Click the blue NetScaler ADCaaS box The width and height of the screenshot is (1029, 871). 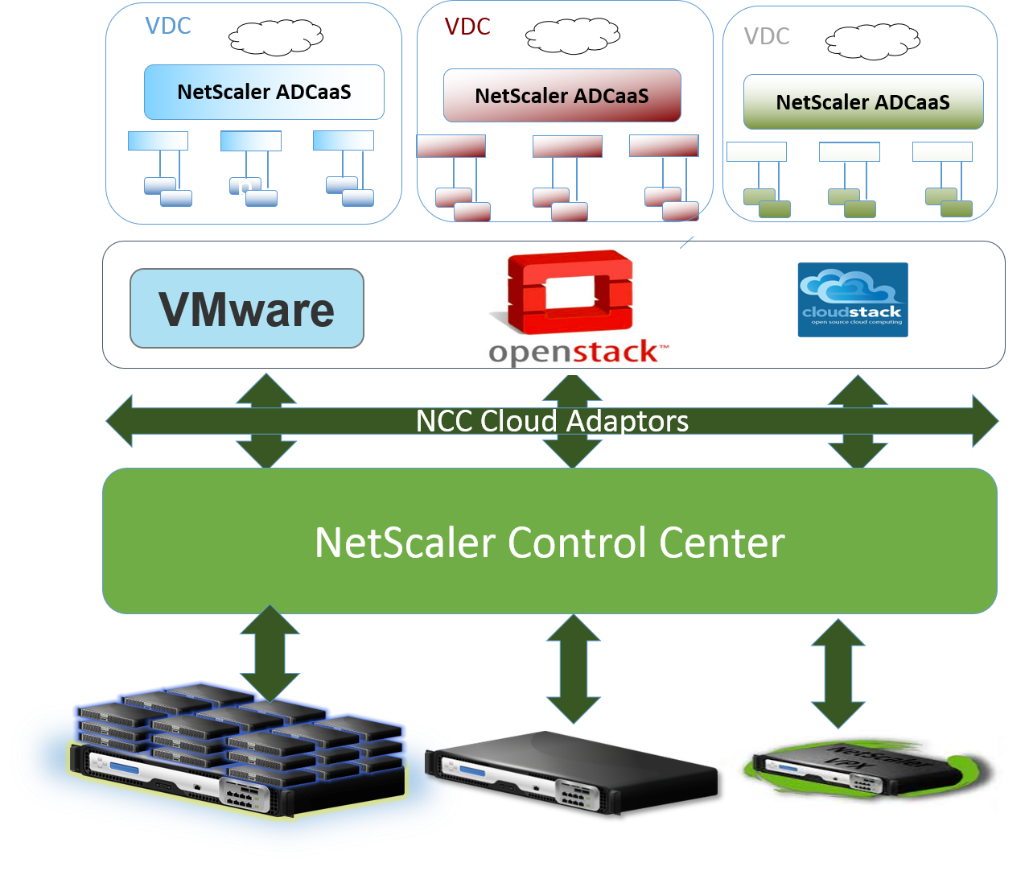tap(264, 92)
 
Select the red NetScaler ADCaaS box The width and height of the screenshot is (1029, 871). tap(562, 96)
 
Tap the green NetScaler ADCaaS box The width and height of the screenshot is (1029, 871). tap(862, 102)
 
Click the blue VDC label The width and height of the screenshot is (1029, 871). tap(168, 26)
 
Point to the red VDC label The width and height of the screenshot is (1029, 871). tap(467, 27)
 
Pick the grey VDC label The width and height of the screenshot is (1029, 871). tap(767, 36)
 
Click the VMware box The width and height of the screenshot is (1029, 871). tap(247, 308)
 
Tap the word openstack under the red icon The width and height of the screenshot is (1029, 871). tap(577, 353)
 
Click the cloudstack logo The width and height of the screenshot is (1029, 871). tap(852, 299)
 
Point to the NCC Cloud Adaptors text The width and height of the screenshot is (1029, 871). tap(552, 421)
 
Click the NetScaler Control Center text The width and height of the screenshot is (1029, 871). tap(549, 543)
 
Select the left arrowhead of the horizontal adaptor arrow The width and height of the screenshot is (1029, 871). tap(119, 421)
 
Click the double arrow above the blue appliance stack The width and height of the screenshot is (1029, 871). tap(270, 652)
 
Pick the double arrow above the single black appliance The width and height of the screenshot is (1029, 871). tap(573, 668)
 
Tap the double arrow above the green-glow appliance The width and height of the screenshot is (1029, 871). tap(838, 672)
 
